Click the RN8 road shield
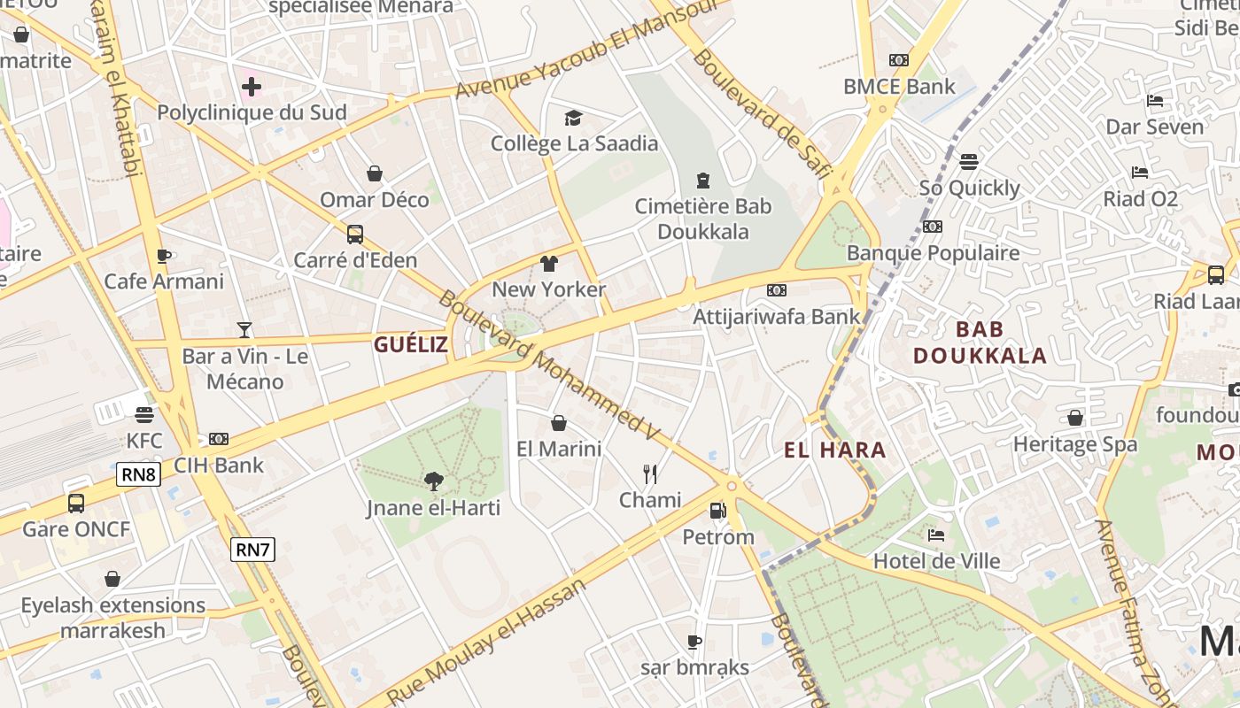click(138, 474)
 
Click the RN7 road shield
click(252, 550)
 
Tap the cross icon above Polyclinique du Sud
click(252, 87)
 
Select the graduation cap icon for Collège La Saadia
click(573, 118)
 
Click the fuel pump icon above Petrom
click(717, 511)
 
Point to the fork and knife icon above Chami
click(650, 474)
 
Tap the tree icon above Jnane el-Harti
click(433, 481)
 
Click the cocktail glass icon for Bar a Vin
click(244, 330)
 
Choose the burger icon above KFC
click(144, 414)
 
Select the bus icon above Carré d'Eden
click(354, 235)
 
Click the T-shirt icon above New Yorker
click(549, 263)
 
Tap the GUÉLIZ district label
click(411, 345)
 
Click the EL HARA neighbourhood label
click(834, 450)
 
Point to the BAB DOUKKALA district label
click(980, 342)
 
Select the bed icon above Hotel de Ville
click(936, 535)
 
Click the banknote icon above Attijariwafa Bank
click(777, 290)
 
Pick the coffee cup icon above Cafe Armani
click(164, 256)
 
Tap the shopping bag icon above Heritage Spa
click(1075, 418)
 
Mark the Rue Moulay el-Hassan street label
click(488, 642)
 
